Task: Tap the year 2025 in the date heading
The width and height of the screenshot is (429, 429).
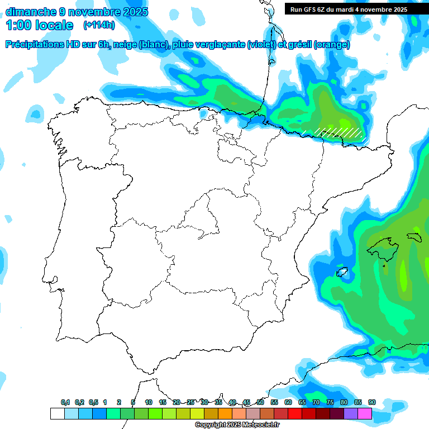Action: (x=132, y=12)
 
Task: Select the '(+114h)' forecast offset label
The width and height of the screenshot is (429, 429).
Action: (x=99, y=25)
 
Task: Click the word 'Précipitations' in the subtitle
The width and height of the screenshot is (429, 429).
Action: (x=37, y=45)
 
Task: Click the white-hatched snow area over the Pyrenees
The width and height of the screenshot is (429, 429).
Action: (x=339, y=132)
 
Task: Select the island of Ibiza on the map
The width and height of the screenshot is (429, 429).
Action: (x=342, y=273)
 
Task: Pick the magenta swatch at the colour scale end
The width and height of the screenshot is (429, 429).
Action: (x=365, y=413)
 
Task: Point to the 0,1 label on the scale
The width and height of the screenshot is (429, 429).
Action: (x=65, y=403)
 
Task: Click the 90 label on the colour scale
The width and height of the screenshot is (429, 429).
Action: (x=371, y=403)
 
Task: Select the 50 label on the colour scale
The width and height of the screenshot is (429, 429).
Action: (x=260, y=403)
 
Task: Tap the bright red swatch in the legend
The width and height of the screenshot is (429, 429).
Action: (x=295, y=413)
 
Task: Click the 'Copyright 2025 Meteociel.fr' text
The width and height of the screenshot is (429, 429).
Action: (x=237, y=425)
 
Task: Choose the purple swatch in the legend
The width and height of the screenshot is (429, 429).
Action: (x=351, y=413)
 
